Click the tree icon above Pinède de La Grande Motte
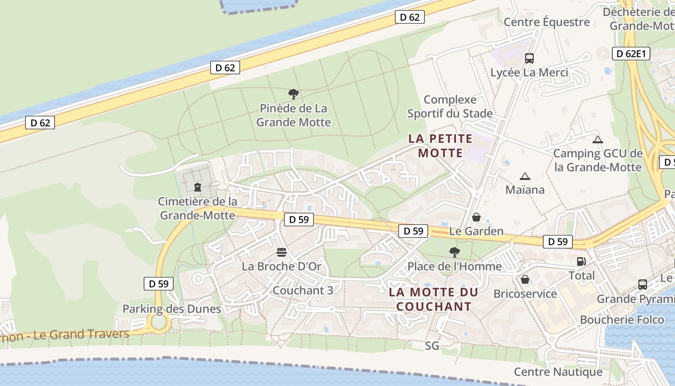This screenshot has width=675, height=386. [x=293, y=94]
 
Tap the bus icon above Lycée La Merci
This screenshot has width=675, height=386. [x=529, y=58]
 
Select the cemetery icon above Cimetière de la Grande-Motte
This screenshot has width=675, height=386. [x=197, y=187]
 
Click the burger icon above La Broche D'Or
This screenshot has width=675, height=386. [x=282, y=252]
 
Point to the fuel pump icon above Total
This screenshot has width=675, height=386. [x=581, y=262]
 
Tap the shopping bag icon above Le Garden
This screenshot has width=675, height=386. [x=476, y=217]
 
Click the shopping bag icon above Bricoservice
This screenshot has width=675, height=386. [x=525, y=279]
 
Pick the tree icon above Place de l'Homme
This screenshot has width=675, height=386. [x=454, y=252]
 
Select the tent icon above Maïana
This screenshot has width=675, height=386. [x=525, y=176]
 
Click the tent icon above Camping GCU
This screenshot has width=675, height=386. [x=598, y=140]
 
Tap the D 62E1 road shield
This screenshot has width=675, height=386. [x=631, y=54]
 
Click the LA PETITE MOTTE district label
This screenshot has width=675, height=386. [x=440, y=146]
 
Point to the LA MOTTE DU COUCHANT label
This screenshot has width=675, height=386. [x=433, y=299]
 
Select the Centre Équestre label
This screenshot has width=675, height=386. [x=546, y=22]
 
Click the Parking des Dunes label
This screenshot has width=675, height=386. [x=172, y=309]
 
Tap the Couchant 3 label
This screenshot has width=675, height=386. [x=303, y=290]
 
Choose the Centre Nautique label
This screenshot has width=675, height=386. [x=558, y=372]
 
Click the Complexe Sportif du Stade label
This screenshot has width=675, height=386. [x=450, y=107]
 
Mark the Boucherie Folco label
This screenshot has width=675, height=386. [x=621, y=319]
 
